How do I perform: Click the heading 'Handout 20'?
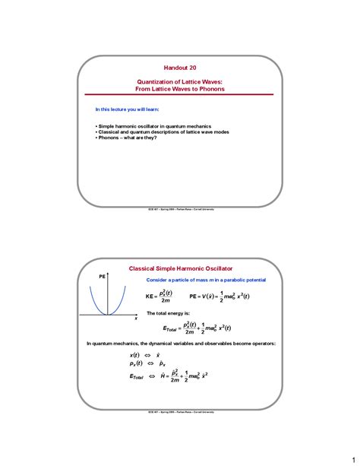180,67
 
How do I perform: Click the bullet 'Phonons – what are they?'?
126,138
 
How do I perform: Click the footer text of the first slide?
180,208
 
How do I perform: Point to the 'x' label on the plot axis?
137,319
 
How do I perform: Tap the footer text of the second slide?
180,411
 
